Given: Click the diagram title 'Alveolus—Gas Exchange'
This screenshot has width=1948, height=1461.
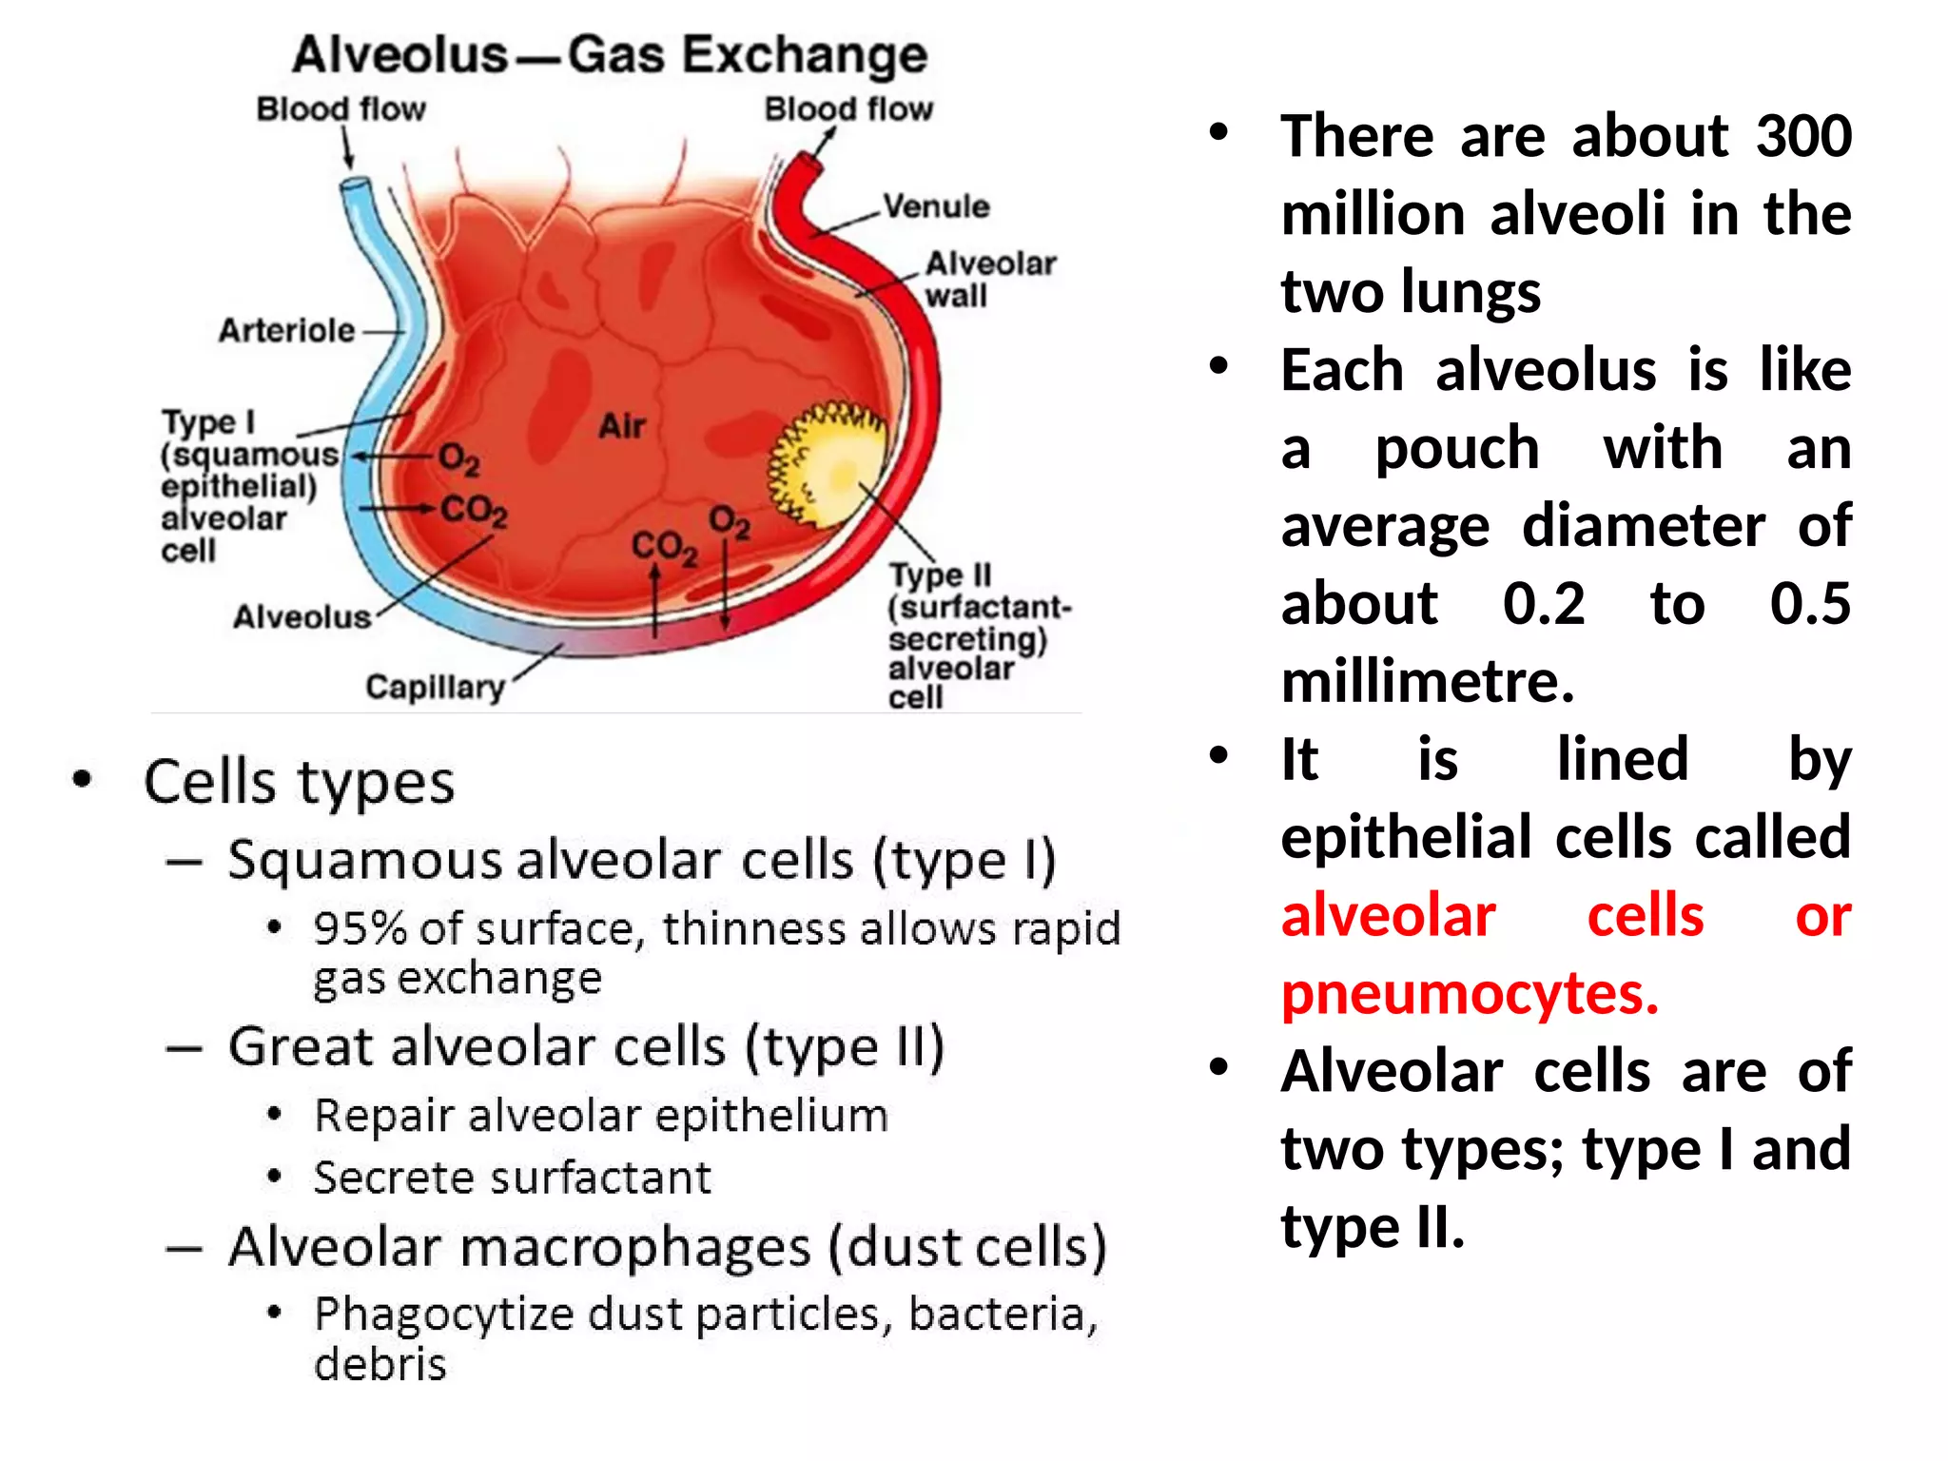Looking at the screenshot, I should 610,54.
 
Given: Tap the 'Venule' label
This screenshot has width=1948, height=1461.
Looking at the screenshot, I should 936,206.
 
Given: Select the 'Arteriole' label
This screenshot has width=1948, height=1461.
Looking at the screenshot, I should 286,331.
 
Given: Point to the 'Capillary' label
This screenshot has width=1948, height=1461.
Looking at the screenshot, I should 435,687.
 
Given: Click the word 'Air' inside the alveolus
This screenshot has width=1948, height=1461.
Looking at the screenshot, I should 622,425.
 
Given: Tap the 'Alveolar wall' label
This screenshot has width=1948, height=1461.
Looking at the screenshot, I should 989,279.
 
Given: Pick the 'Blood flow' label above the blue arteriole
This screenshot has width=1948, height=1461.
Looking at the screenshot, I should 341,109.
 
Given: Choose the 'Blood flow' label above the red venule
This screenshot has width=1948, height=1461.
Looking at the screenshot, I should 848,109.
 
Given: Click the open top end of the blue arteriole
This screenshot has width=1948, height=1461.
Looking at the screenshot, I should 356,185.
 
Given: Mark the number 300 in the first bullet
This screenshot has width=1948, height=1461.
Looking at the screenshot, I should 1803,136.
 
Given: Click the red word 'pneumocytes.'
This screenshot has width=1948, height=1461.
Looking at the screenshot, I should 1470,994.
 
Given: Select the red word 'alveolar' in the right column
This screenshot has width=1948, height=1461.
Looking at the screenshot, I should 1388,916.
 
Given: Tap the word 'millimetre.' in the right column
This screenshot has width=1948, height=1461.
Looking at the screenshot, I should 1428,682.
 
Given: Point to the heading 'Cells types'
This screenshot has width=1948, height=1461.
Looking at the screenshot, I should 299,782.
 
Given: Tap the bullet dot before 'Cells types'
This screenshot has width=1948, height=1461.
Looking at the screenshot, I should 83,780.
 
